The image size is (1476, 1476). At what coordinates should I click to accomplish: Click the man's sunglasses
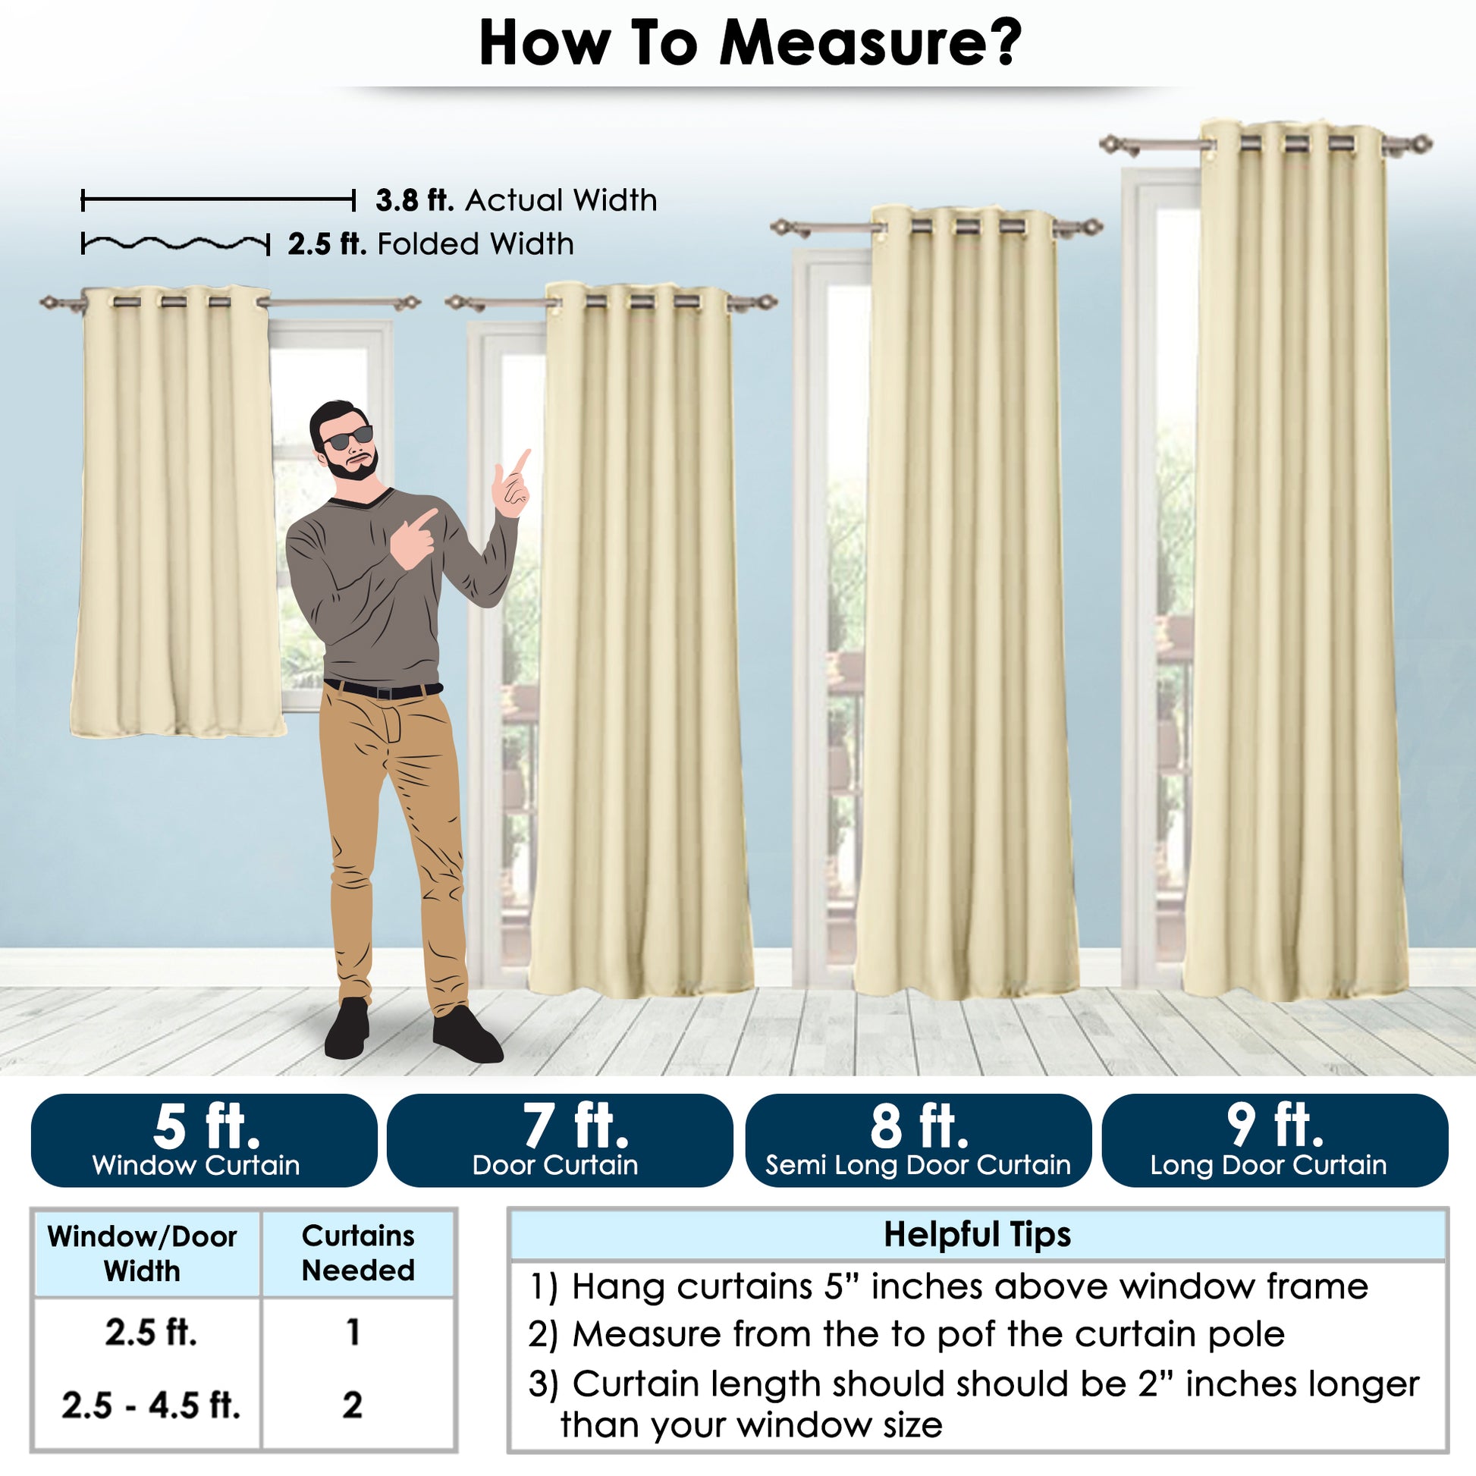click(x=347, y=438)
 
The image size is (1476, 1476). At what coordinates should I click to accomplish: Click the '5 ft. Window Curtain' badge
click(x=204, y=1140)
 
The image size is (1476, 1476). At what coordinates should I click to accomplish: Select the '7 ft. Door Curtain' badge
click(x=560, y=1140)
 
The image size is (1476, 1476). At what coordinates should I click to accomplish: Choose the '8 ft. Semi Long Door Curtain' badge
click(x=919, y=1140)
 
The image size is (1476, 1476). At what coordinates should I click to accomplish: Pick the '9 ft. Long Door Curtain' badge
click(x=1275, y=1140)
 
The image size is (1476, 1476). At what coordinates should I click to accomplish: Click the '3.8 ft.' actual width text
click(x=415, y=201)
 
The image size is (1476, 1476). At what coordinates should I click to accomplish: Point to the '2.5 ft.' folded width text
click(x=327, y=244)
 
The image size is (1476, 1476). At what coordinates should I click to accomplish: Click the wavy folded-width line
click(x=176, y=244)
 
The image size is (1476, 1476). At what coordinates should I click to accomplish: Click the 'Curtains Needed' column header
click(x=358, y=1253)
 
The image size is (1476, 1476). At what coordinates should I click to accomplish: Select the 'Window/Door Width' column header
click(x=142, y=1254)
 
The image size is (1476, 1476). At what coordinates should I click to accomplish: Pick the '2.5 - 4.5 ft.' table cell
click(x=151, y=1405)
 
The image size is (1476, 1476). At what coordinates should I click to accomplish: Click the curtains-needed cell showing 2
click(x=352, y=1405)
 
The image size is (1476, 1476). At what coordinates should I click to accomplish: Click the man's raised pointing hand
click(x=511, y=485)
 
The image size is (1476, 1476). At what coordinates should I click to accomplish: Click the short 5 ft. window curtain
click(x=177, y=512)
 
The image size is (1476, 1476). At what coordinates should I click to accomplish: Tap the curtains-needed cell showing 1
click(x=353, y=1333)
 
